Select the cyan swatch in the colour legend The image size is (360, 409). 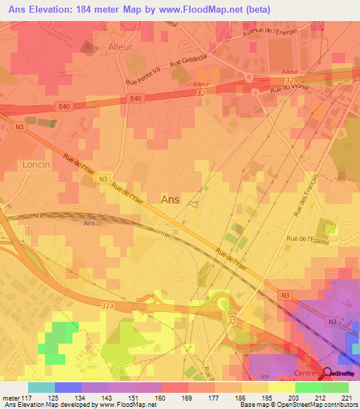click(41, 387)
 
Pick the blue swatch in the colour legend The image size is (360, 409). click(68, 387)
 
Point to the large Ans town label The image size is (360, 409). click(170, 200)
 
